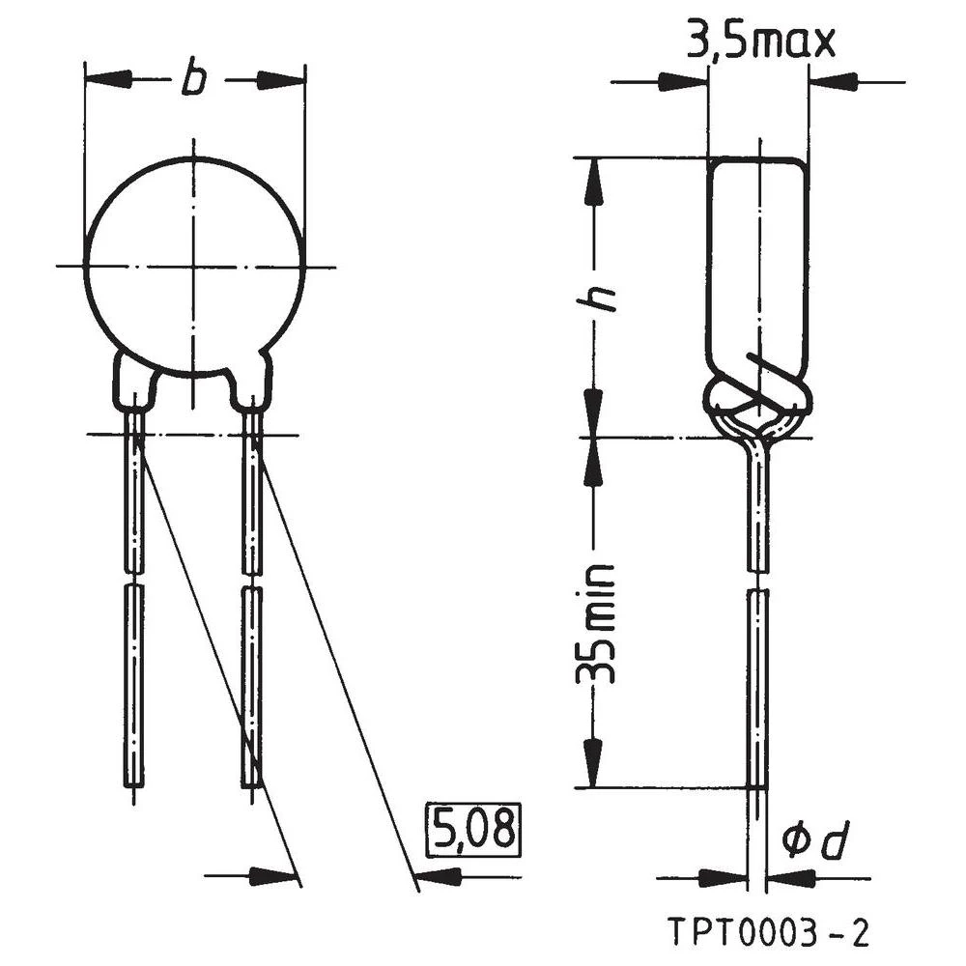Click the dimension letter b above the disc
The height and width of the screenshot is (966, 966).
(194, 80)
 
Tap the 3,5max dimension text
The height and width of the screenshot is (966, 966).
(759, 43)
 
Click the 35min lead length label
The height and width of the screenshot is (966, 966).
(596, 624)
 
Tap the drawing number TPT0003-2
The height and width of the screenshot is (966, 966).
(769, 934)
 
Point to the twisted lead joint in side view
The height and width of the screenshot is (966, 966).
(758, 406)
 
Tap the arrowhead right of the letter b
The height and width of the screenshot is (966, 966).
(281, 80)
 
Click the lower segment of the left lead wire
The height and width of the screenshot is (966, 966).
(135, 686)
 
